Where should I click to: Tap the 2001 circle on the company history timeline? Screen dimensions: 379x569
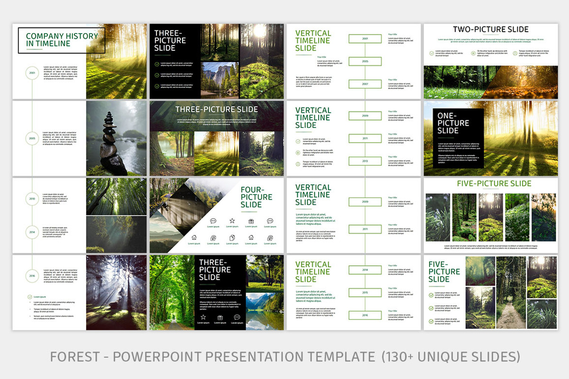(32, 73)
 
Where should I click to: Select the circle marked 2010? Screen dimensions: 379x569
(32, 199)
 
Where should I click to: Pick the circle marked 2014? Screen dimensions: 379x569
(32, 232)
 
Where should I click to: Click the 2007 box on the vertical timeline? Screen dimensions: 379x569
(365, 84)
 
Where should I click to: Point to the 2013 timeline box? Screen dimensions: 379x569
(365, 161)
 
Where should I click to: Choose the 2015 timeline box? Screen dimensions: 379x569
(365, 292)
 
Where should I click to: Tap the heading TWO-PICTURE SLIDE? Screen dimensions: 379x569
(491, 30)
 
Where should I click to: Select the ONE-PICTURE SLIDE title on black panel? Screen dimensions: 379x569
(453, 123)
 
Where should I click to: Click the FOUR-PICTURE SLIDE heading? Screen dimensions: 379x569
(257, 197)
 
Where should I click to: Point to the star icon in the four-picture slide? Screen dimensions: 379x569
(232, 221)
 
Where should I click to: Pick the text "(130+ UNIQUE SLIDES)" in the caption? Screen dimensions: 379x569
(450, 356)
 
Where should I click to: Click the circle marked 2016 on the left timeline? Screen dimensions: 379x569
(32, 275)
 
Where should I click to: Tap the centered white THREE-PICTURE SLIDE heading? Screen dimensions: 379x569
(217, 109)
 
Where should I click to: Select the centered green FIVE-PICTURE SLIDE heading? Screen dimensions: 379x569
(494, 184)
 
